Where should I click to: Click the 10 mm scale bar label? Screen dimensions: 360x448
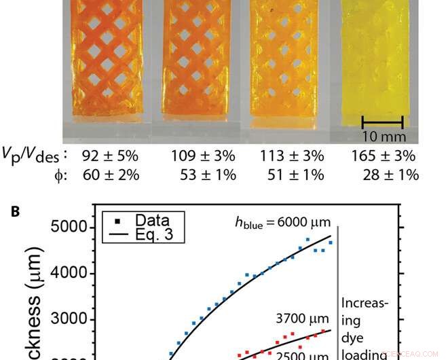(x=382, y=136)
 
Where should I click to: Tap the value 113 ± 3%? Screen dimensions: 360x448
(x=291, y=156)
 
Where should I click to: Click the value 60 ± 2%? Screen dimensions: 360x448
(x=110, y=175)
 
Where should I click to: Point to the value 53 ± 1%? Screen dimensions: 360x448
(x=205, y=175)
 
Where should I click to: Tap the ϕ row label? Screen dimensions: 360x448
(x=60, y=175)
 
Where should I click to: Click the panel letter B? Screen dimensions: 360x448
(x=15, y=212)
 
